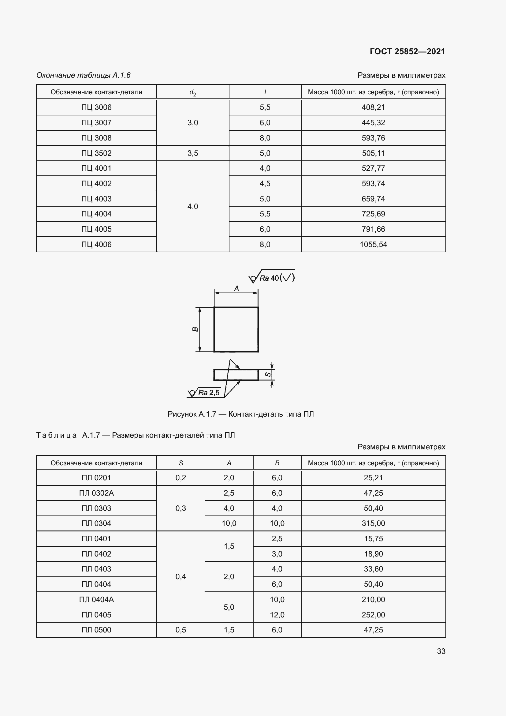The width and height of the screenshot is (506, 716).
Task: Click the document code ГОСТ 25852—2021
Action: tap(407, 51)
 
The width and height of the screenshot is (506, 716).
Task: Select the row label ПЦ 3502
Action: tap(96, 153)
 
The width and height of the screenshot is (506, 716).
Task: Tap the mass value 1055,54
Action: tap(373, 245)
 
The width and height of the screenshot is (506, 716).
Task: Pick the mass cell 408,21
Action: tap(373, 107)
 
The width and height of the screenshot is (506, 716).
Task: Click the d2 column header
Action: tap(192, 92)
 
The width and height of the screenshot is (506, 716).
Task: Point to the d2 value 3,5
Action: tap(192, 153)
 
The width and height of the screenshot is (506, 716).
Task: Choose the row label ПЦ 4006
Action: tap(96, 245)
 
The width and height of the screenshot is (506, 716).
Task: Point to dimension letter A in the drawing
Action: tap(236, 288)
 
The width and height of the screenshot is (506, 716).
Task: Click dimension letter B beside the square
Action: tap(195, 329)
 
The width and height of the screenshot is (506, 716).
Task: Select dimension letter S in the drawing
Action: tap(268, 374)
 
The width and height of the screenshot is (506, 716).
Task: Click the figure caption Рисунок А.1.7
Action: tap(240, 414)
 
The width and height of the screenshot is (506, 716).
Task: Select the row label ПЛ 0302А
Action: tap(96, 493)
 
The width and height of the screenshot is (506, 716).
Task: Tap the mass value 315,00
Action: tap(373, 523)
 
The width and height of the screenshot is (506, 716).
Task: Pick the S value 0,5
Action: tap(181, 630)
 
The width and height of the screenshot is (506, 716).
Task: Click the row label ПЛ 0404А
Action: tap(96, 599)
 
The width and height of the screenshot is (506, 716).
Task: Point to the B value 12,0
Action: tap(277, 615)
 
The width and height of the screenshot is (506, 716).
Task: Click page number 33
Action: tap(441, 651)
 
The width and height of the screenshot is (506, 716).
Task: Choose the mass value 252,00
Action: tap(373, 615)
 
